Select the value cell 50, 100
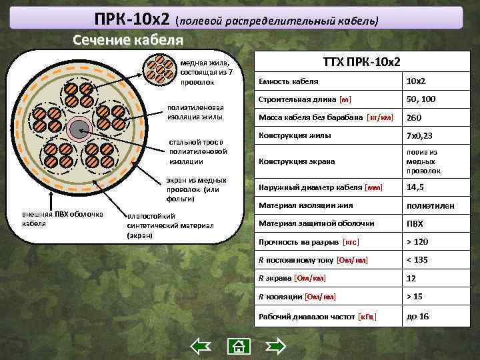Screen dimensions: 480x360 click(x=421, y=99)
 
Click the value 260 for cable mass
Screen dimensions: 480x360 click(x=415, y=118)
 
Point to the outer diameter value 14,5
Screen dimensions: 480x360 click(x=415, y=187)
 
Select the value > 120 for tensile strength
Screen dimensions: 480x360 click(x=419, y=241)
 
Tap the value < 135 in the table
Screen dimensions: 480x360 click(x=418, y=259)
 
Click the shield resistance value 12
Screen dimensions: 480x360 click(x=411, y=278)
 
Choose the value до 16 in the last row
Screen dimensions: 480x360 click(x=418, y=317)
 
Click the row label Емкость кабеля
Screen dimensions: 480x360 click(x=288, y=81)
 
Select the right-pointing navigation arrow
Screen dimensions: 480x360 click(x=275, y=345)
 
